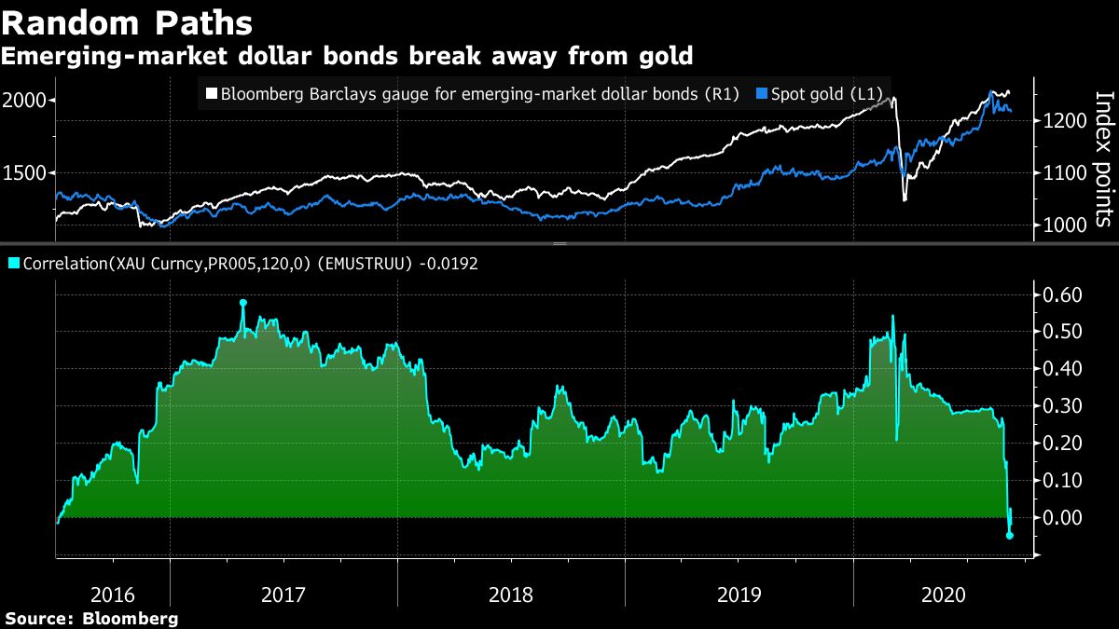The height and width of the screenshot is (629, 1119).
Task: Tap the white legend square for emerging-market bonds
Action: click(x=211, y=94)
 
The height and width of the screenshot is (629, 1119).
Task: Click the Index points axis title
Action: click(x=1103, y=158)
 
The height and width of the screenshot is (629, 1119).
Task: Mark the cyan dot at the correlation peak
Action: click(x=243, y=303)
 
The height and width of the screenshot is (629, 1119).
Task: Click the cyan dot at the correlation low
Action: click(x=1010, y=535)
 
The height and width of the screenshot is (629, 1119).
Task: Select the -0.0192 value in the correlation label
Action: click(x=449, y=264)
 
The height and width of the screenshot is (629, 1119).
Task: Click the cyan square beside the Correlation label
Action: click(x=12, y=265)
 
